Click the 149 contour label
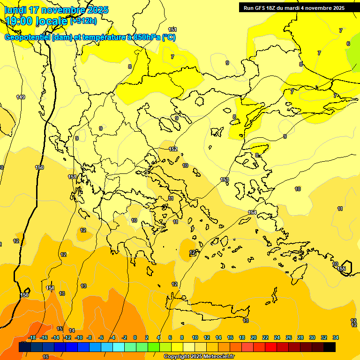[x=21, y=97]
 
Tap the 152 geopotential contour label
[x=173, y=149]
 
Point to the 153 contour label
[x=225, y=180]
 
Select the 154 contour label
[x=252, y=212]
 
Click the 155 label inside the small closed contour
[x=342, y=268]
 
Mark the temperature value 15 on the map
[x=60, y=329]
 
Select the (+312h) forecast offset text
[x=83, y=21]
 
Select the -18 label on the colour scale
[x=32, y=337]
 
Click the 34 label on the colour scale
[x=336, y=337]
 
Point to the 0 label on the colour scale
[x=135, y=337]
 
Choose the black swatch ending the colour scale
[x=330, y=347]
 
